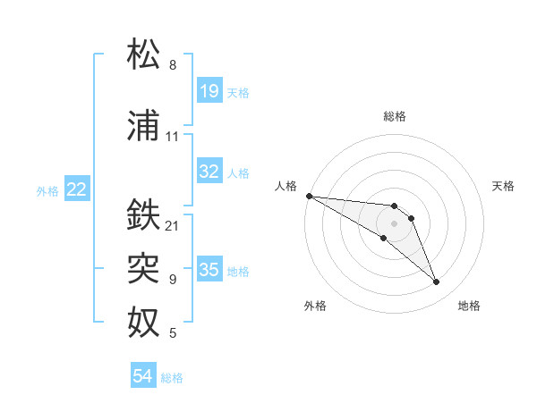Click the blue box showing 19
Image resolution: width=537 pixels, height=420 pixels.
click(209, 91)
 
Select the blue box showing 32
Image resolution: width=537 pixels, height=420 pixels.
click(209, 172)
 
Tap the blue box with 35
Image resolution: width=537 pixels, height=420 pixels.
click(209, 270)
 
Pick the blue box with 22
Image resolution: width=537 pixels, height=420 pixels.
click(77, 189)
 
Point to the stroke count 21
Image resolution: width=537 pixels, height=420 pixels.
click(173, 225)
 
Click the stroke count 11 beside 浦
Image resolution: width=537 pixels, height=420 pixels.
click(173, 137)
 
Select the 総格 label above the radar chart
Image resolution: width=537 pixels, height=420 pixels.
click(395, 116)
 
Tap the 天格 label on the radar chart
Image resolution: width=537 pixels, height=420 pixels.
click(504, 186)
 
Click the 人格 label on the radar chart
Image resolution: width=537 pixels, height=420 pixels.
click(286, 186)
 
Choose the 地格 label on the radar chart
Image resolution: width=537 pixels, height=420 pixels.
click(469, 306)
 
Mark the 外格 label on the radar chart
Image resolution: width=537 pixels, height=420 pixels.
click(315, 306)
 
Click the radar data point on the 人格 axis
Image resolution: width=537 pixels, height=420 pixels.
click(309, 196)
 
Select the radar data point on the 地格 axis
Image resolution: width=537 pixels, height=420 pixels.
click(437, 282)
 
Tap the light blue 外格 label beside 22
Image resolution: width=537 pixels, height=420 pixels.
click(47, 189)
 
